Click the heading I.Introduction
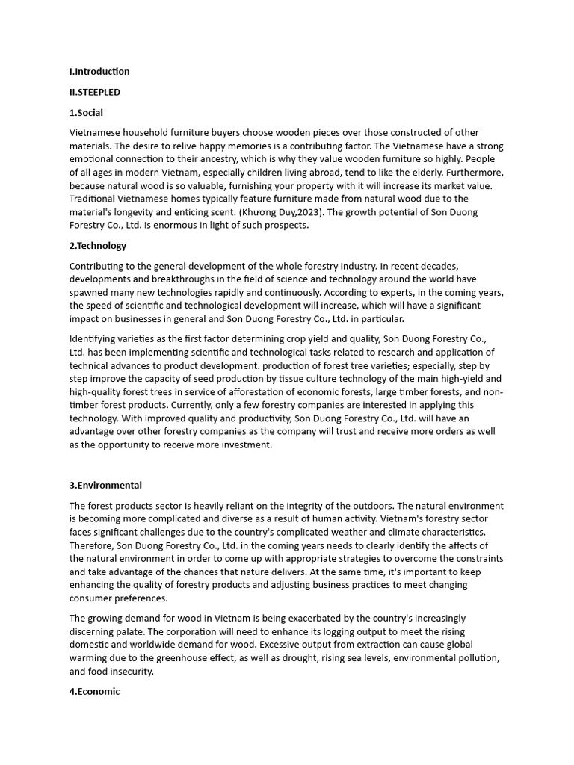tap(99, 72)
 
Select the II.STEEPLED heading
tap(95, 93)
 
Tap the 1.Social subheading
tap(87, 113)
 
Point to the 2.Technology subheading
tap(98, 246)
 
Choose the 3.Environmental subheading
tap(105, 486)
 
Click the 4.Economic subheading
tap(94, 692)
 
